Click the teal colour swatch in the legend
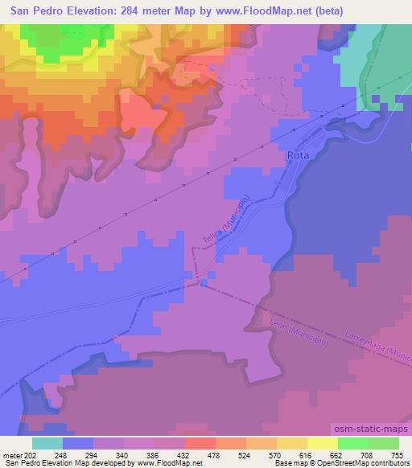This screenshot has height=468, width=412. pyautogui.click(x=47, y=443)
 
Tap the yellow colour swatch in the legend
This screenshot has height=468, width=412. pyautogui.click(x=323, y=443)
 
